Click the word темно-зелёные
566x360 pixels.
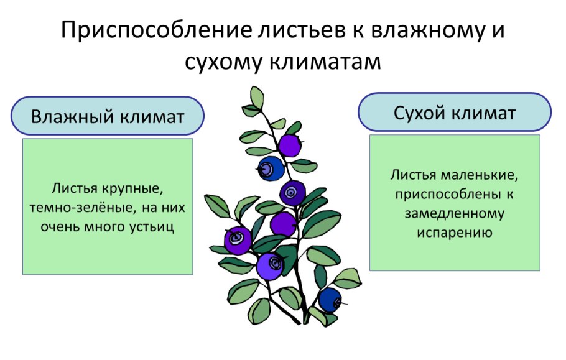point(77,207)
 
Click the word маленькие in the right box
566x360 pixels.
point(481,175)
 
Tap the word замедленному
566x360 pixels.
point(455,213)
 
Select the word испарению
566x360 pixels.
point(455,233)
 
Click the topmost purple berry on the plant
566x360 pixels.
point(289,145)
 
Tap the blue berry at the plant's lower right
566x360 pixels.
point(330,300)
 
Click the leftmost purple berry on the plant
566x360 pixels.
point(238,239)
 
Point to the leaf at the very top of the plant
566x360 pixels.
point(256,97)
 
